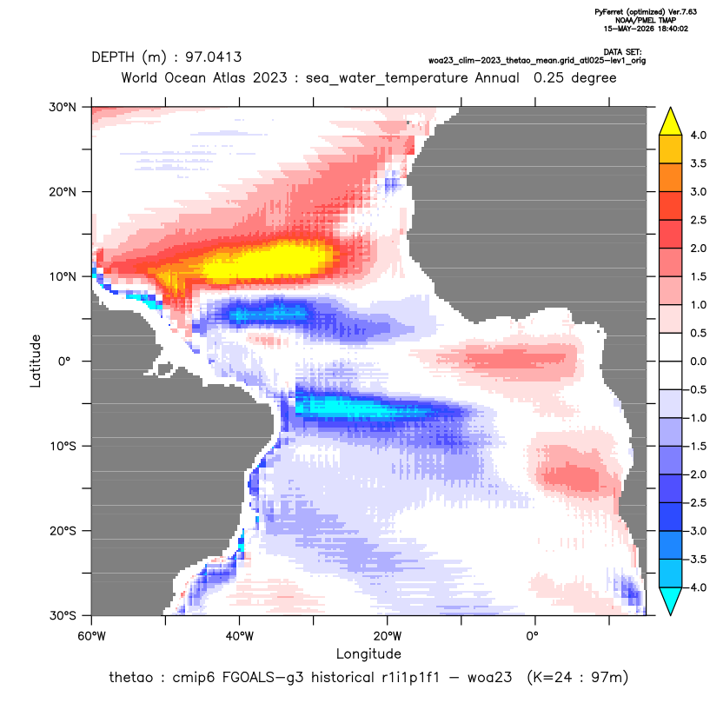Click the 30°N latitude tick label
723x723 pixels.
pyautogui.click(x=63, y=107)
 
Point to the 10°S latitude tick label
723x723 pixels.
pyautogui.click(x=63, y=447)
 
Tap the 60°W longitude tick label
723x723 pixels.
pyautogui.click(x=91, y=636)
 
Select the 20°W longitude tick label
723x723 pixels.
pyautogui.click(x=388, y=636)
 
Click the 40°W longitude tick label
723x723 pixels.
pyautogui.click(x=239, y=636)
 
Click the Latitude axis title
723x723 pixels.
pyautogui.click(x=36, y=361)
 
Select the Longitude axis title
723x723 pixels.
pyautogui.click(x=368, y=653)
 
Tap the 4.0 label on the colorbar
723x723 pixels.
pyautogui.click(x=698, y=135)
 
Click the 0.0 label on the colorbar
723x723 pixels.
pyautogui.click(x=698, y=361)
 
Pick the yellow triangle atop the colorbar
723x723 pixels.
pyautogui.click(x=671, y=122)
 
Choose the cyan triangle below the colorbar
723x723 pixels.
pyautogui.click(x=671, y=601)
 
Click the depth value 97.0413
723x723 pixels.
pyautogui.click(x=213, y=57)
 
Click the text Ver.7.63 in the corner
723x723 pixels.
pyautogui.click(x=682, y=12)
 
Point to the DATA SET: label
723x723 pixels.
pyautogui.click(x=622, y=52)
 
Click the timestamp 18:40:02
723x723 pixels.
pyautogui.click(x=673, y=29)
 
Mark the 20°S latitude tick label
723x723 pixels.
pyautogui.click(x=63, y=531)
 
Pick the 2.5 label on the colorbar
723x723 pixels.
pyautogui.click(x=698, y=220)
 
